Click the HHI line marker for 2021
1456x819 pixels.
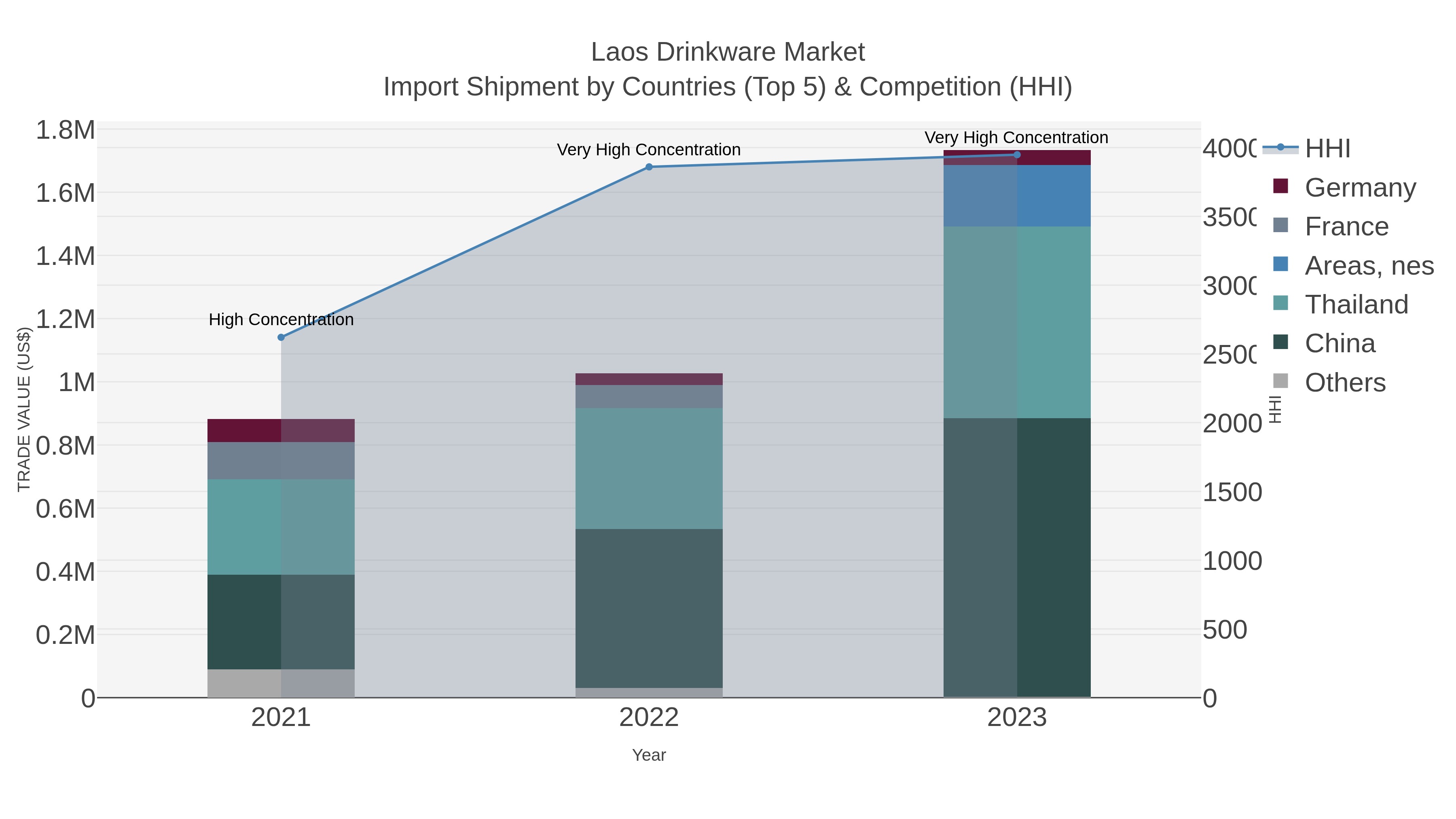[281, 337]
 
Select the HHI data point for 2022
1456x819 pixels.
[649, 167]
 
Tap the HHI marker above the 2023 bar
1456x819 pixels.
[1017, 155]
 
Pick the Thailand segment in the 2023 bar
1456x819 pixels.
[1017, 322]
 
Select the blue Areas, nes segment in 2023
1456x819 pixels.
[1017, 196]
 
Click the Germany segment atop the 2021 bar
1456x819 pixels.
[281, 430]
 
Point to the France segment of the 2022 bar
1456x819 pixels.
[649, 396]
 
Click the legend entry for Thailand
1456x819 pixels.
[1356, 304]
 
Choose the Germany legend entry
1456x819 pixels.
[1360, 187]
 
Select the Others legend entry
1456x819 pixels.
[1345, 383]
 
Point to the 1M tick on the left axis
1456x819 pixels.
[76, 383]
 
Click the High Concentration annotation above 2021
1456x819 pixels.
[281, 320]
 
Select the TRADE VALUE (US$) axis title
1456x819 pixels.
[24, 409]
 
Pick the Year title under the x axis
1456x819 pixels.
[649, 755]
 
